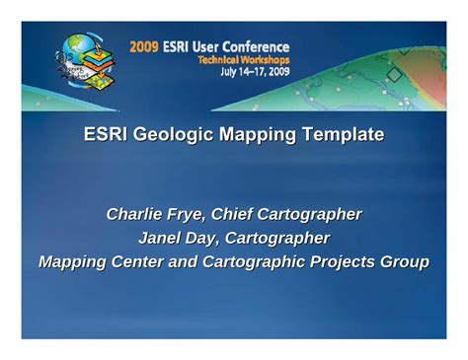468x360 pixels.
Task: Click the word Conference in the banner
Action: (255, 46)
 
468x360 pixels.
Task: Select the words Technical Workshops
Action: (243, 59)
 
